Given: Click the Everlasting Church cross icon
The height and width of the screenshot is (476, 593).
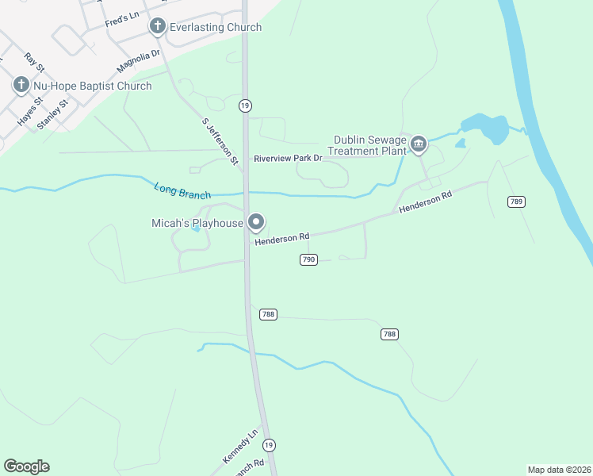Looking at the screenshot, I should pos(157,27).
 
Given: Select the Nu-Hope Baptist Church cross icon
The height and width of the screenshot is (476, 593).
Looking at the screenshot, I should pos(21,85).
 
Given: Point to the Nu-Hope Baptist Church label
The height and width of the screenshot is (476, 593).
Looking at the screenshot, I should pos(92,86).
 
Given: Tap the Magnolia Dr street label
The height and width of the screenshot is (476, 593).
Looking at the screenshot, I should pos(138,59).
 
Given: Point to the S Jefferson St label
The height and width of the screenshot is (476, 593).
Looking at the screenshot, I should pos(220,141).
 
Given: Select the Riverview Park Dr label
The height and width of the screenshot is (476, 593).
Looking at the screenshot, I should pos(288,158).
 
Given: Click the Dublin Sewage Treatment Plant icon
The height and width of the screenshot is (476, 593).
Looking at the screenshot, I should pos(419,144).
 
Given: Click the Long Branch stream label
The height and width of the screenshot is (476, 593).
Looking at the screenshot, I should pos(182,190).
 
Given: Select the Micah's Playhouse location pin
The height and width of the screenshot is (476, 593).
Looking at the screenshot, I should pos(255,223).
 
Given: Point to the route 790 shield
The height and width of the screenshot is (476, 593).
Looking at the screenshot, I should pos(308,259).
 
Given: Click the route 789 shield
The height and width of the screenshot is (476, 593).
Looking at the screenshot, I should pos(516,202).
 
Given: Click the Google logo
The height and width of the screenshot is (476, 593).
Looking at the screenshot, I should pos(26,466).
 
